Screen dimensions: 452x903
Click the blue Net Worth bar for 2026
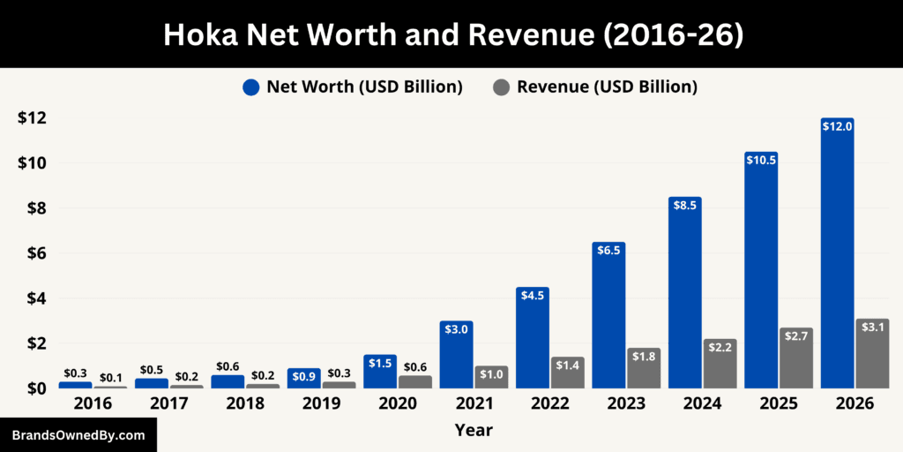[x=837, y=256]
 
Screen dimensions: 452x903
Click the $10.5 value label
[x=761, y=161]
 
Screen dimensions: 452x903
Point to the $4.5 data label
[x=533, y=295]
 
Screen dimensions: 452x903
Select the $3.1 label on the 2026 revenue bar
[x=872, y=328]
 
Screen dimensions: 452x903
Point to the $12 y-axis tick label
[x=31, y=118]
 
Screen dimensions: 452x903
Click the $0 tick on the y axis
[x=31, y=388]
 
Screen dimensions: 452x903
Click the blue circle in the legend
[x=251, y=87]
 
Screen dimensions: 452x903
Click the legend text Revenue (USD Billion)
[x=607, y=87]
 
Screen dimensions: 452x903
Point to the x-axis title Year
[x=474, y=431]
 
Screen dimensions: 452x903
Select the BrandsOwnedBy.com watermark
[x=78, y=435]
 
